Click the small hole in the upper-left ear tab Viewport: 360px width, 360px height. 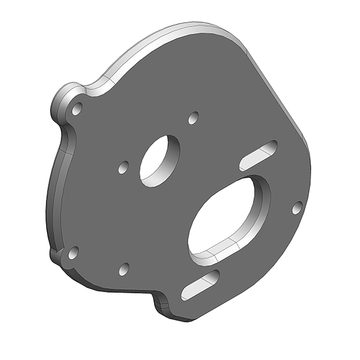click(x=77, y=109)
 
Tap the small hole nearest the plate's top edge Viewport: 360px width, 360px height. click(x=193, y=118)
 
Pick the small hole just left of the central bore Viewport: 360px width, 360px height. click(x=124, y=167)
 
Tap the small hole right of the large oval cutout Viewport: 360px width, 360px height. click(x=296, y=208)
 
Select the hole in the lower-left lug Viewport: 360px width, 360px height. click(x=73, y=253)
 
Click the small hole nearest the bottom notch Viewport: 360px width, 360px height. click(x=124, y=269)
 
